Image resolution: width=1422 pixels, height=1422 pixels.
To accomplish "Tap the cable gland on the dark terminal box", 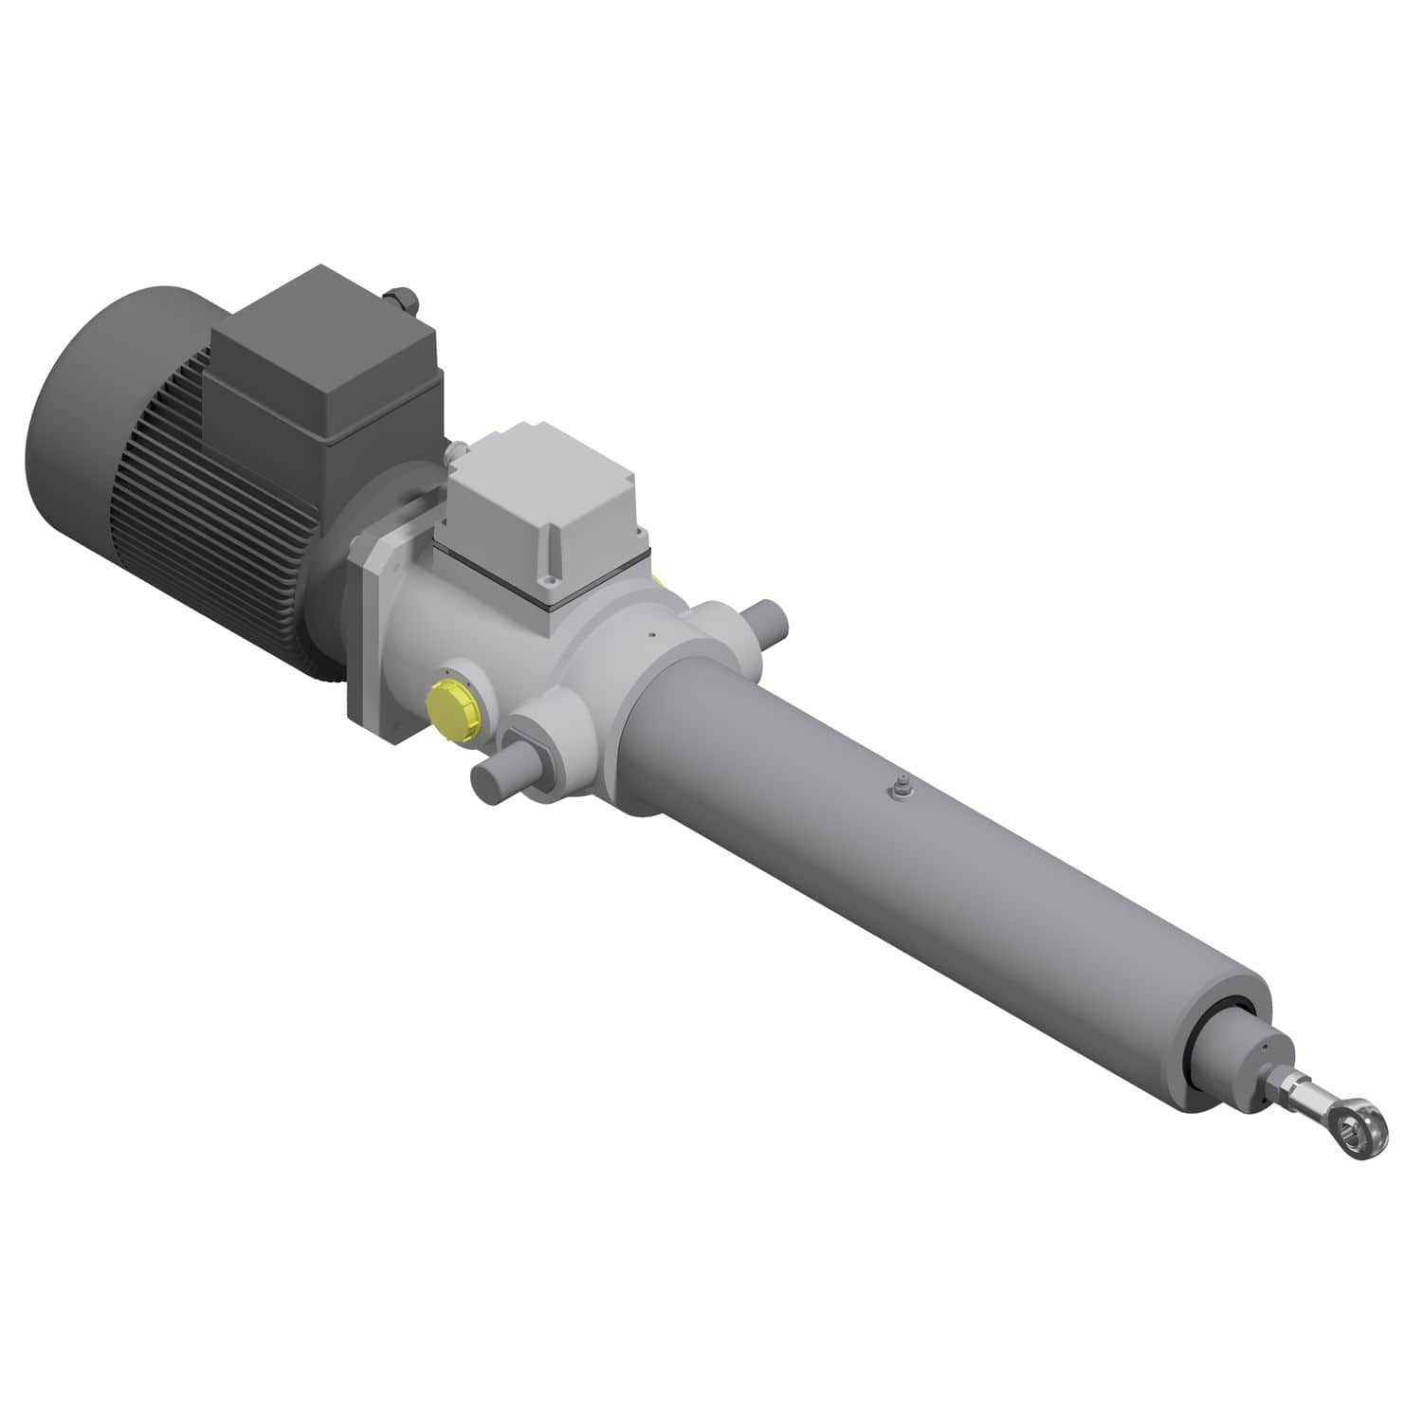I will [403, 302].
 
